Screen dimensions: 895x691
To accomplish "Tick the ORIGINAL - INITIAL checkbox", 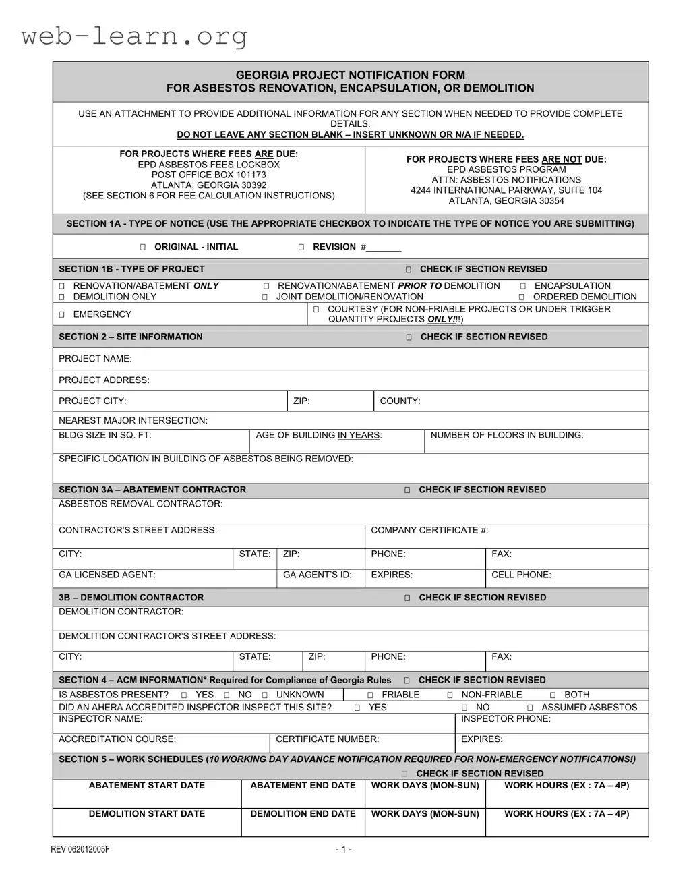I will click(x=143, y=248).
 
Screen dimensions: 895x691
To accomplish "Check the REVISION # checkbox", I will click(x=301, y=248).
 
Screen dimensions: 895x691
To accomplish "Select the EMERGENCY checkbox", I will click(x=61, y=314).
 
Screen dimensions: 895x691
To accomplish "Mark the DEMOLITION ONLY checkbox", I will click(x=61, y=297).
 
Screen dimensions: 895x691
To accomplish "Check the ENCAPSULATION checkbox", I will click(x=523, y=286).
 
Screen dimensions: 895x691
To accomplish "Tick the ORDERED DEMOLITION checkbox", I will click(x=522, y=297).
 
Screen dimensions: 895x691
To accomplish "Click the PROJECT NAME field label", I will click(x=95, y=359).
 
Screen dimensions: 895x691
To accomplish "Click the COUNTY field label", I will click(x=400, y=401).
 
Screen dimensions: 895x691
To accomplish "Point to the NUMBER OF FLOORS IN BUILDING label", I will click(x=507, y=436).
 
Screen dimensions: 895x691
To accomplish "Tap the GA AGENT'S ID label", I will click(x=317, y=575).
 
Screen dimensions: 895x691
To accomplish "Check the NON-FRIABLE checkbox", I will click(x=450, y=695).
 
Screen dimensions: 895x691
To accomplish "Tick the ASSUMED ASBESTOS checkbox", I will click(x=530, y=708).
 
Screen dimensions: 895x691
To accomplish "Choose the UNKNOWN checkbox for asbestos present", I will click(x=265, y=695).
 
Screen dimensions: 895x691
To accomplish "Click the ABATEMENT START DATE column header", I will click(x=146, y=786).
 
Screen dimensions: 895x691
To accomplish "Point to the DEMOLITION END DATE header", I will click(x=303, y=814).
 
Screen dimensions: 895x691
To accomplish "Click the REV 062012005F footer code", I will click(x=80, y=849).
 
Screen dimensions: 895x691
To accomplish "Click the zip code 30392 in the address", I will click(x=249, y=185).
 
